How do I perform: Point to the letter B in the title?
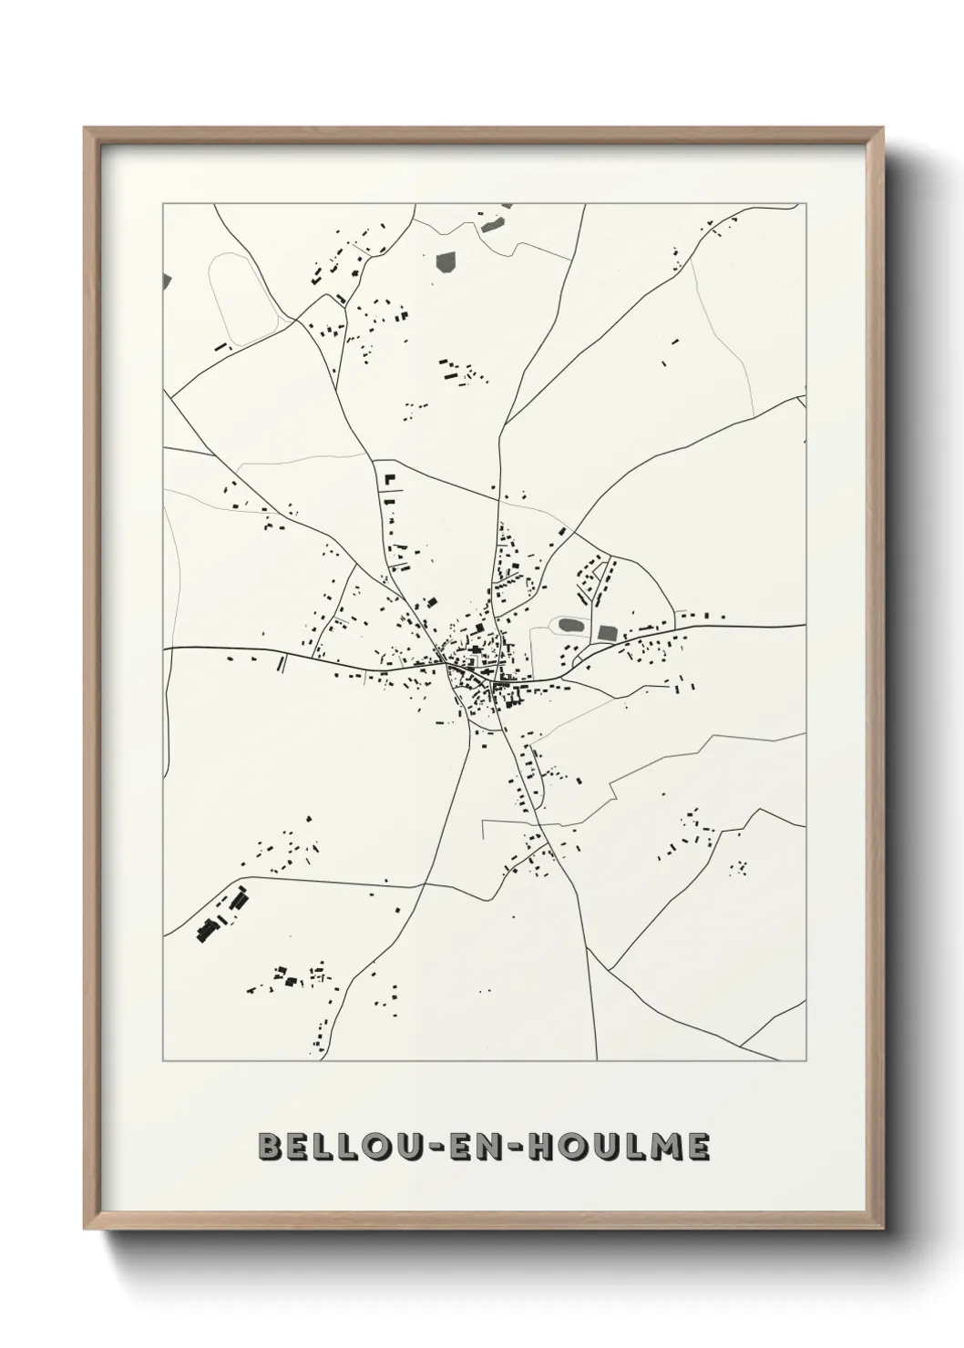coord(270,1148)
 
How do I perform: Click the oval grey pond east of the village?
coord(570,626)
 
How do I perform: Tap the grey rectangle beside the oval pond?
coord(607,632)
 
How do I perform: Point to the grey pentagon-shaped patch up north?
coord(448,262)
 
